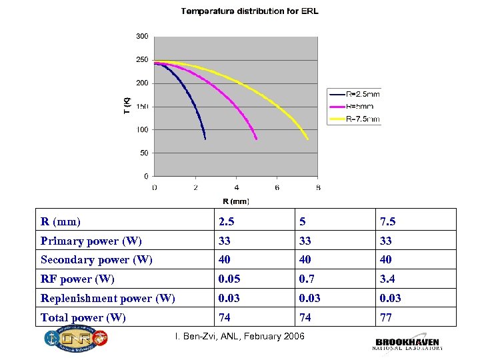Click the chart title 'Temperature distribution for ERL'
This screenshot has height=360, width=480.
(250, 11)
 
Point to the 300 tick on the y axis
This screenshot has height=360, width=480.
(142, 36)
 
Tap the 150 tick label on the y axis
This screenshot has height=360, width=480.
(142, 107)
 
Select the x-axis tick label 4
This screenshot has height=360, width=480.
(236, 187)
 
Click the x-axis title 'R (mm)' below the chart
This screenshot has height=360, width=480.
(236, 201)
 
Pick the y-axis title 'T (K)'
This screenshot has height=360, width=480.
(127, 105)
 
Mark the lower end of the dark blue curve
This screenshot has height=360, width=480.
(205, 139)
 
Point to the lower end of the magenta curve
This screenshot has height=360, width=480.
(256, 139)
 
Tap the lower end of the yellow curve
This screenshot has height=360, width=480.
(307, 139)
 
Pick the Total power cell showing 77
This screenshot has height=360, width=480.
(386, 317)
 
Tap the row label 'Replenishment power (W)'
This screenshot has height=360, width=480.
(107, 298)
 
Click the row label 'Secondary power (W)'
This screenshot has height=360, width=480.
(96, 259)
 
